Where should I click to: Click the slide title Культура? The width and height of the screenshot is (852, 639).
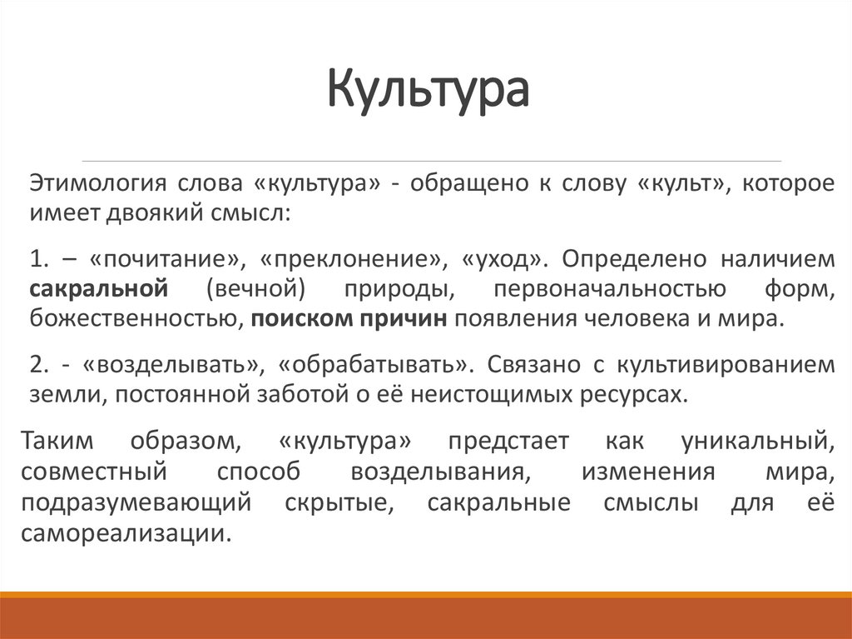[426, 91]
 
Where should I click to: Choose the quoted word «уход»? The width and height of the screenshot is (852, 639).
[501, 259]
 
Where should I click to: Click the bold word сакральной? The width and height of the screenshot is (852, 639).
[100, 288]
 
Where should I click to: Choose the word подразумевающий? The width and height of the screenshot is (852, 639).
[136, 503]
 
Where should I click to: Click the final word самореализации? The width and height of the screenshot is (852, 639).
[125, 534]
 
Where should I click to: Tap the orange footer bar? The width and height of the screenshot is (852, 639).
[426, 617]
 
